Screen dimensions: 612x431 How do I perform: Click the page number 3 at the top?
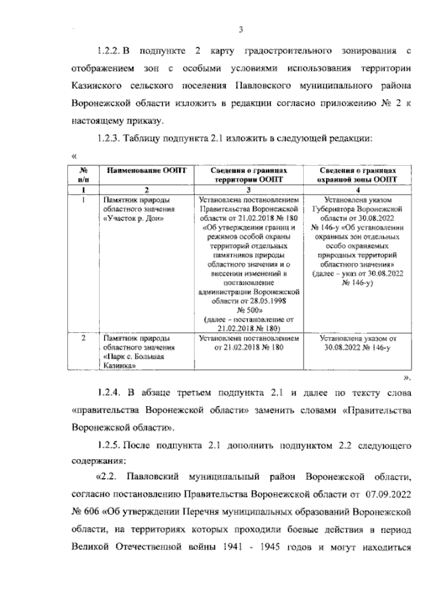tap(240, 29)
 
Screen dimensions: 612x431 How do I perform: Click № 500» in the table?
tap(248, 311)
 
